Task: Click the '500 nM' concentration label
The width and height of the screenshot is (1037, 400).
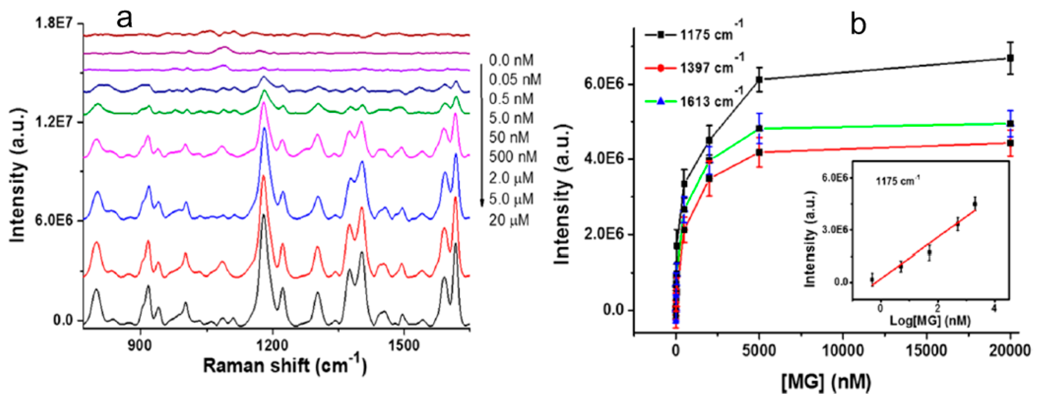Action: click(x=513, y=157)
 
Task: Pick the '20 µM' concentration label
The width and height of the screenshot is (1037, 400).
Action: click(x=509, y=220)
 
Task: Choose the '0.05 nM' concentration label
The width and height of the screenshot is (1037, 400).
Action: click(x=515, y=80)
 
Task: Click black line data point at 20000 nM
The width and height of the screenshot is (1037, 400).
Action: click(x=1010, y=58)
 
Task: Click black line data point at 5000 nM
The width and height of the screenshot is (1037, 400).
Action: click(x=759, y=80)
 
